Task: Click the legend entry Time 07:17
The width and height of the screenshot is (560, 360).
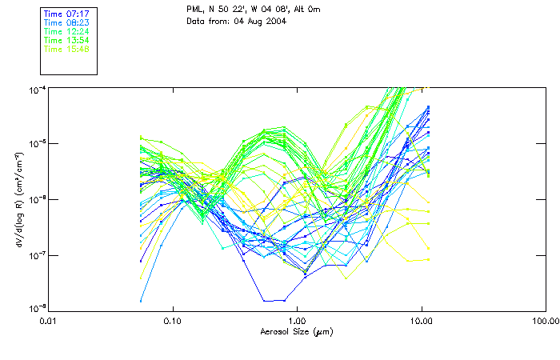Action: [66, 14]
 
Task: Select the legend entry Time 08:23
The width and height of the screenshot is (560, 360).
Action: [66, 23]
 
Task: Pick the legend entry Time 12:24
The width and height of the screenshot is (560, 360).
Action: [66, 32]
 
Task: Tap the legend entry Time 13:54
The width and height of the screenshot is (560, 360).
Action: [66, 40]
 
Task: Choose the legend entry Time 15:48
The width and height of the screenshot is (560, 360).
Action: [66, 49]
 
